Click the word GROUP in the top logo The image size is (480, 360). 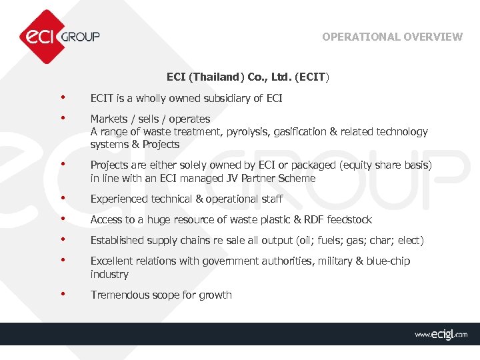(x=81, y=37)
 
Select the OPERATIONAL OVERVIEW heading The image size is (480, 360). (x=392, y=37)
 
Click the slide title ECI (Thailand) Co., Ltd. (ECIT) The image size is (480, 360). (x=247, y=77)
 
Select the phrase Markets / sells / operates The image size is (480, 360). (x=150, y=119)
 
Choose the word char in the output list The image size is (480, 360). (x=381, y=241)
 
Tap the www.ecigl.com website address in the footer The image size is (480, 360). (x=441, y=334)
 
